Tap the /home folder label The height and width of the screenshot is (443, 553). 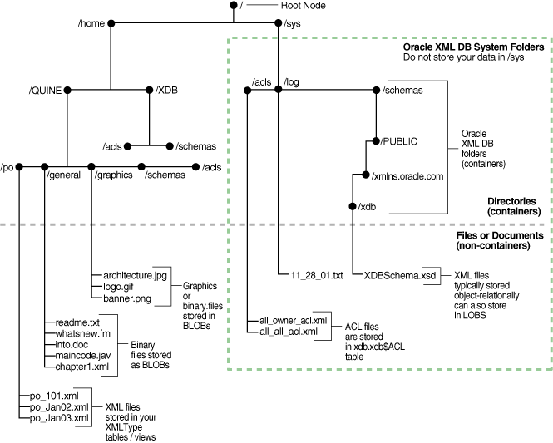click(91, 24)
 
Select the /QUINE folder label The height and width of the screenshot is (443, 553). click(46, 89)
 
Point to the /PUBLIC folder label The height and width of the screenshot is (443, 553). click(398, 141)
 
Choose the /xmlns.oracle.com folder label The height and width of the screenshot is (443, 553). click(407, 175)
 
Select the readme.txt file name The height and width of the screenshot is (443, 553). click(72, 319)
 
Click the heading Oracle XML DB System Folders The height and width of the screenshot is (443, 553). click(473, 47)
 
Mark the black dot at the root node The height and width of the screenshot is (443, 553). click(233, 6)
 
